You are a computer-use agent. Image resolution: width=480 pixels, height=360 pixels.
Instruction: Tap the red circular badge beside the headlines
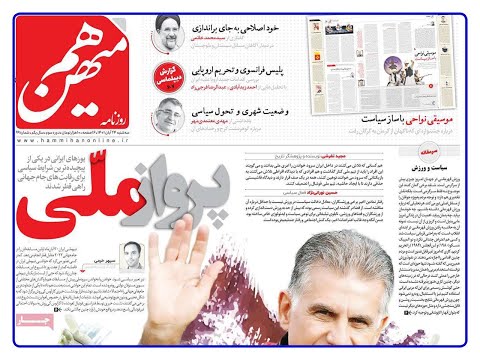click(x=167, y=77)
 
